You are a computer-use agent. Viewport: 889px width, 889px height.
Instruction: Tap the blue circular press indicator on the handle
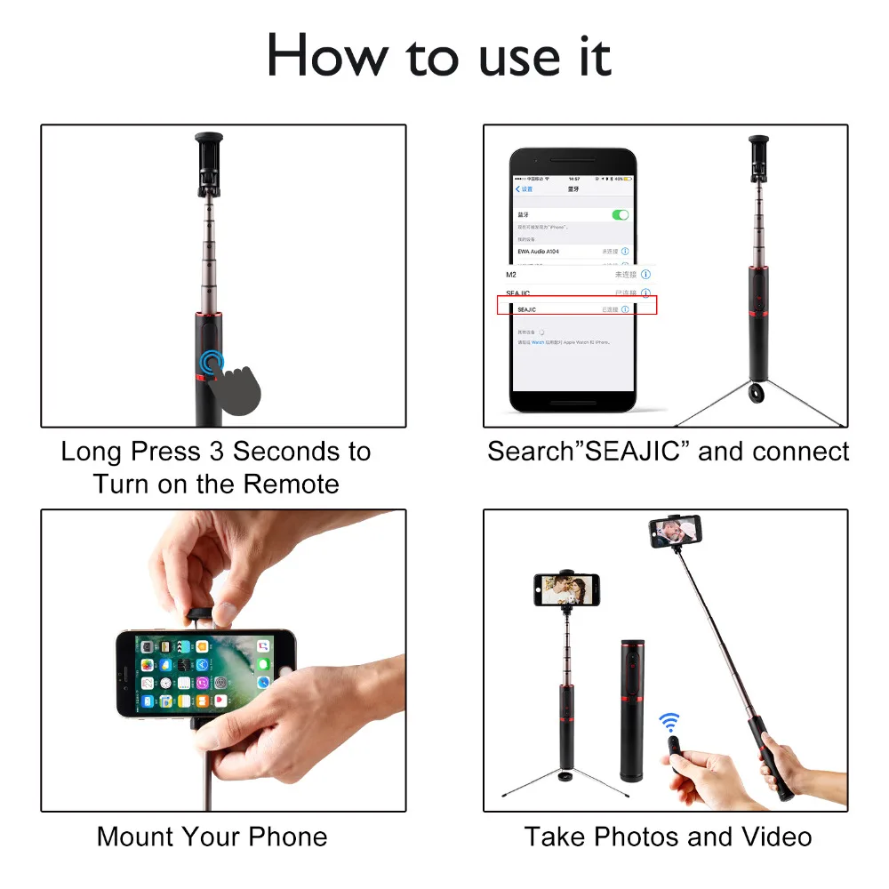tap(212, 361)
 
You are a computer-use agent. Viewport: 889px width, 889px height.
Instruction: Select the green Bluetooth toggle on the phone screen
tap(621, 215)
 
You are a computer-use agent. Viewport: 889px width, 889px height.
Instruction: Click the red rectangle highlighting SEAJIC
tap(576, 306)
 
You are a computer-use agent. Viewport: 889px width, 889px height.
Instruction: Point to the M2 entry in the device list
tap(511, 275)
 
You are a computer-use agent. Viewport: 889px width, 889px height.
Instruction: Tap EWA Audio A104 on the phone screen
tap(539, 252)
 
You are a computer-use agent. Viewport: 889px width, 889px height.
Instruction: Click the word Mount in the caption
tap(134, 837)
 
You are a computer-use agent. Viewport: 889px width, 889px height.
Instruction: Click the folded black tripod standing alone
tap(631, 708)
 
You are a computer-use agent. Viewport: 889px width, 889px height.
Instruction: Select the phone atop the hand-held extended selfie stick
tap(675, 533)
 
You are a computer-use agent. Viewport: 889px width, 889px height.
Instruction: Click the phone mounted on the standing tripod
tap(566, 588)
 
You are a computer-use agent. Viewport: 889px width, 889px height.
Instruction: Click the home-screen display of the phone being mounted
tap(205, 673)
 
